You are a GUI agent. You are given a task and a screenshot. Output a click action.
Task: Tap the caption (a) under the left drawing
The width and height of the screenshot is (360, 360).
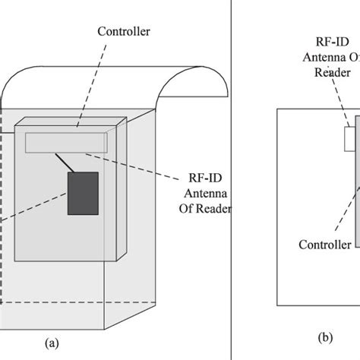pyautogui.click(x=51, y=343)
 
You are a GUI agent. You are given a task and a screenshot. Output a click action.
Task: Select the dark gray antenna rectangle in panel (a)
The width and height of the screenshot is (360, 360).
pyautogui.click(x=84, y=194)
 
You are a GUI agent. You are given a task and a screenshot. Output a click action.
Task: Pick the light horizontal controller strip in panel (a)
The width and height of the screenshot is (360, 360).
pyautogui.click(x=65, y=143)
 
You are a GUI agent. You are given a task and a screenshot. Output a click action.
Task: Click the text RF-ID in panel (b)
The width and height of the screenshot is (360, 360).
pyautogui.click(x=331, y=43)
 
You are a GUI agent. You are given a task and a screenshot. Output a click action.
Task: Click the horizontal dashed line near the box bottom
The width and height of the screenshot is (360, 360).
pyautogui.click(x=53, y=303)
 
